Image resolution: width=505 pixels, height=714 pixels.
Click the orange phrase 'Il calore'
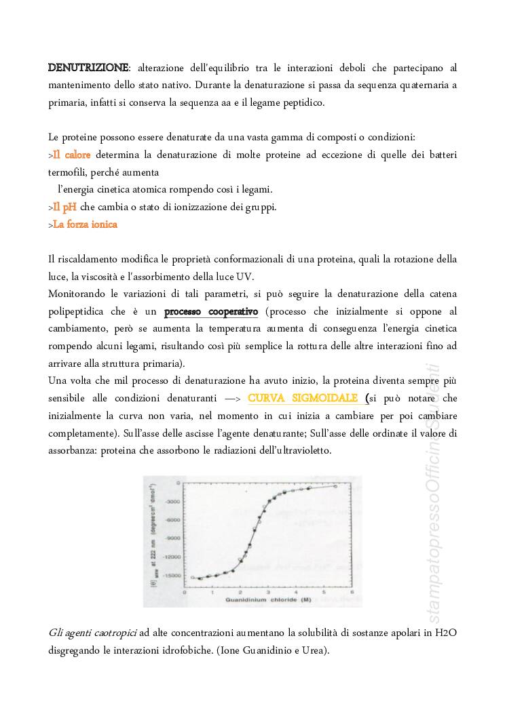click(71, 155)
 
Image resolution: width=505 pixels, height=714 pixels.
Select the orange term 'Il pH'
click(64, 207)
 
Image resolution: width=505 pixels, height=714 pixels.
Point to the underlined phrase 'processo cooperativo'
click(211, 312)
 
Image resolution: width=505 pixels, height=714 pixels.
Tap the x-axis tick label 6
click(352, 591)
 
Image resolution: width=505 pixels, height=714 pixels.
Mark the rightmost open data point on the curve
click(335, 485)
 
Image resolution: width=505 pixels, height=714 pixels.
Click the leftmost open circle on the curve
click(193, 577)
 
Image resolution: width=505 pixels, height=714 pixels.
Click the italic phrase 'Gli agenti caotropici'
click(92, 633)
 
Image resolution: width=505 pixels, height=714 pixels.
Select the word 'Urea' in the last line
click(314, 651)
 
